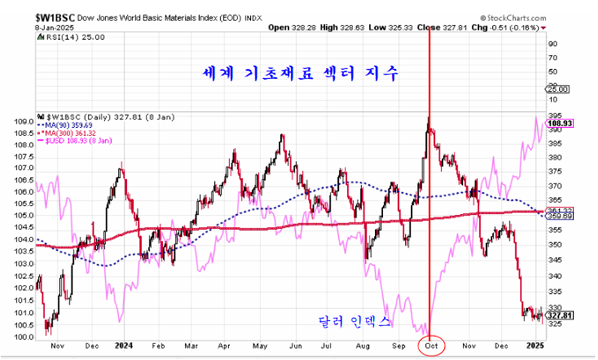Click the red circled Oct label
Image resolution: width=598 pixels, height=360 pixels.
point(430,345)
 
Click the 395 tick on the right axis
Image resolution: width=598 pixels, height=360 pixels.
point(551,116)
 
